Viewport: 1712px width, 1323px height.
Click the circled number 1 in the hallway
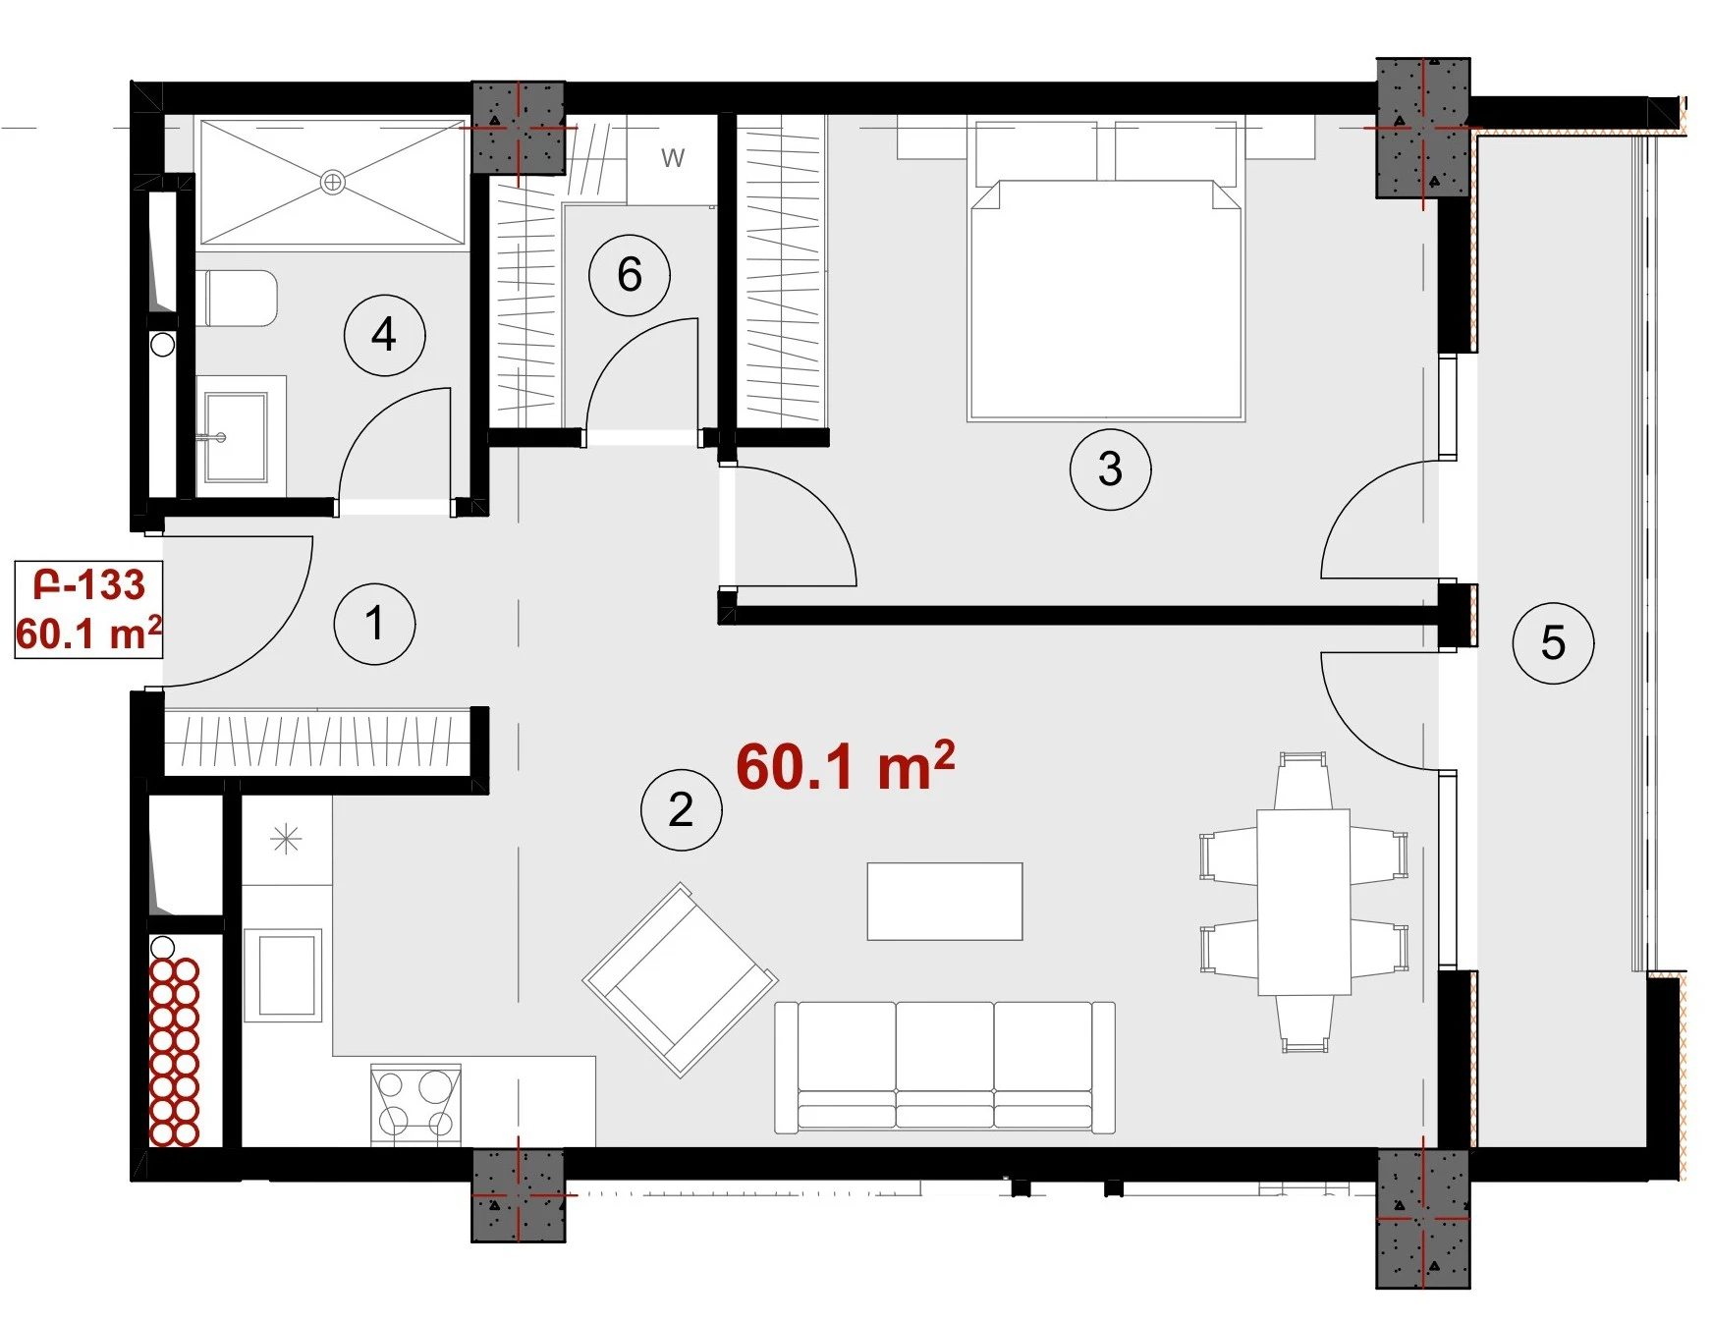tap(374, 624)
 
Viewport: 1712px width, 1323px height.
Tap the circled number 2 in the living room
tap(681, 809)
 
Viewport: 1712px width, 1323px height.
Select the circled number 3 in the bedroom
tap(1110, 469)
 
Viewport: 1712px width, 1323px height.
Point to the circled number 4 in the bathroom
tap(384, 335)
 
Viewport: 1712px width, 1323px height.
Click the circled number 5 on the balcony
tap(1553, 643)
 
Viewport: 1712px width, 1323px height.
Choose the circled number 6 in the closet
tap(630, 275)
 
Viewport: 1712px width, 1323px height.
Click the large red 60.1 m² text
tap(845, 766)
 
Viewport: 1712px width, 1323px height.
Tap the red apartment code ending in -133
tap(89, 585)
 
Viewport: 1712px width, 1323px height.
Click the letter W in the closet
tap(673, 158)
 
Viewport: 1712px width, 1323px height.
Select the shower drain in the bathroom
tap(333, 182)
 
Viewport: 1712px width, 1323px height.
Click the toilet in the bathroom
tap(238, 299)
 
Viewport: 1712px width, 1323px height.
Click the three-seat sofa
tap(945, 1068)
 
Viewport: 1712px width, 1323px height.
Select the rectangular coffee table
tap(945, 902)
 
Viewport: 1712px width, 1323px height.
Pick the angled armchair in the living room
tap(681, 979)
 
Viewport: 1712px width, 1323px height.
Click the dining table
tap(1304, 903)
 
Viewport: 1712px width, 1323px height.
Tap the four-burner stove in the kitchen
tap(415, 1105)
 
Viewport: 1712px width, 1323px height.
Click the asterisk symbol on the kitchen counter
tap(286, 840)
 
